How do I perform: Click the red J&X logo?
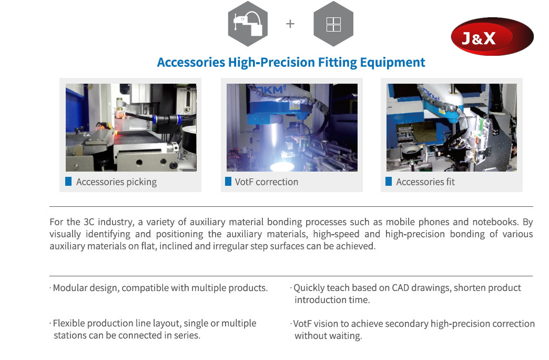click(x=492, y=36)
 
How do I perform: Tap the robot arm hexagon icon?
click(x=248, y=24)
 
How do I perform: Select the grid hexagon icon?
click(x=333, y=24)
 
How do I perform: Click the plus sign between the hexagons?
click(x=290, y=24)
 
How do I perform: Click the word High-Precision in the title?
click(x=271, y=63)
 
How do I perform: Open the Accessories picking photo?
click(x=131, y=127)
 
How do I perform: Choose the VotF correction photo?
click(x=292, y=127)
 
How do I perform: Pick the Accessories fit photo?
click(x=452, y=127)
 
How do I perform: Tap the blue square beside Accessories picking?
click(x=68, y=181)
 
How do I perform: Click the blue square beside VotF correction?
click(x=228, y=181)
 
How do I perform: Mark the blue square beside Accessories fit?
click(x=389, y=181)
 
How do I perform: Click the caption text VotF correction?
click(x=267, y=182)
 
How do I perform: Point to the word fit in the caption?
click(x=450, y=182)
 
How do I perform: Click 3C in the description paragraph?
click(x=89, y=222)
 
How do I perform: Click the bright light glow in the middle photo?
click(x=282, y=165)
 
